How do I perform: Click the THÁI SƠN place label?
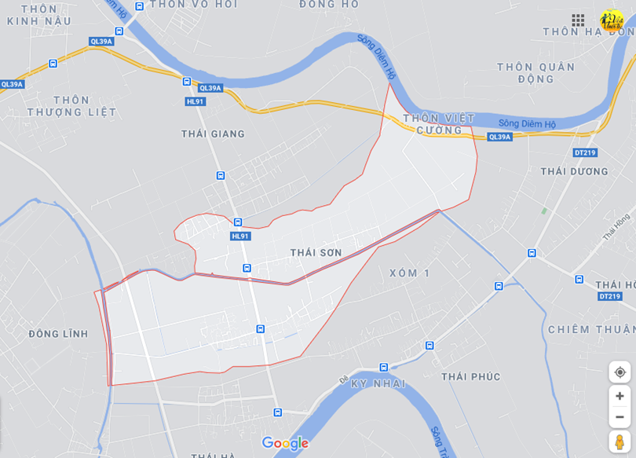coord(316,252)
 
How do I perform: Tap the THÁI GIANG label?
coord(213,134)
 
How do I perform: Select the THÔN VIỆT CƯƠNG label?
coord(439,124)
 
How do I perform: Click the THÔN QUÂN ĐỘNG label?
coord(535,73)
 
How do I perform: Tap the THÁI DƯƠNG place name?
coord(574,171)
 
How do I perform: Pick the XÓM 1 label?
coord(410,273)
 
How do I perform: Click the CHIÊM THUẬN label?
coord(591,329)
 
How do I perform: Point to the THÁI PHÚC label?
coord(470,376)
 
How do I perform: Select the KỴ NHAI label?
coord(378,383)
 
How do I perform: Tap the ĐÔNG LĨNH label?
coord(58,334)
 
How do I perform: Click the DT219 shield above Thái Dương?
coord(584,152)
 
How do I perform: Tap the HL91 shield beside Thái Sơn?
coord(240,236)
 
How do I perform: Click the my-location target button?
coord(620,372)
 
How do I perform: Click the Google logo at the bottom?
coord(285,444)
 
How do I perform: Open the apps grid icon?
coord(578,20)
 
